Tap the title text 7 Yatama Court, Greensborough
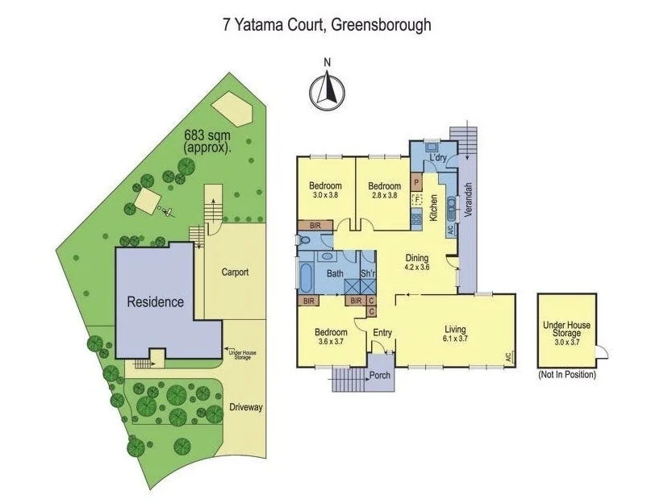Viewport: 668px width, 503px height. [327, 25]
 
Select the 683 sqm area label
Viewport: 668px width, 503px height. [207, 142]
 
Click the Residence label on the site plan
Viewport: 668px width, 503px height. [155, 302]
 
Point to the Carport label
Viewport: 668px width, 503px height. [235, 272]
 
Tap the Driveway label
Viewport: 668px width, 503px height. [245, 407]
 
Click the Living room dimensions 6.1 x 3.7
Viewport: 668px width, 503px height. [455, 339]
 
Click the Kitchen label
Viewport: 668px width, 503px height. [433, 208]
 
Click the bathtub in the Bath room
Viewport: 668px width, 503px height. [307, 276]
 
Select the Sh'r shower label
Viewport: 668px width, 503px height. [367, 274]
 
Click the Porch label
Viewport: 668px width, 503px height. [380, 376]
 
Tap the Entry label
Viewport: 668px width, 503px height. [382, 332]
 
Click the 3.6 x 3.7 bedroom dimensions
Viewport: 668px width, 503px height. [331, 343]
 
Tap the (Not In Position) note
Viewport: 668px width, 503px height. [567, 375]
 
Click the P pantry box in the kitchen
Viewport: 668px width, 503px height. [417, 181]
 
